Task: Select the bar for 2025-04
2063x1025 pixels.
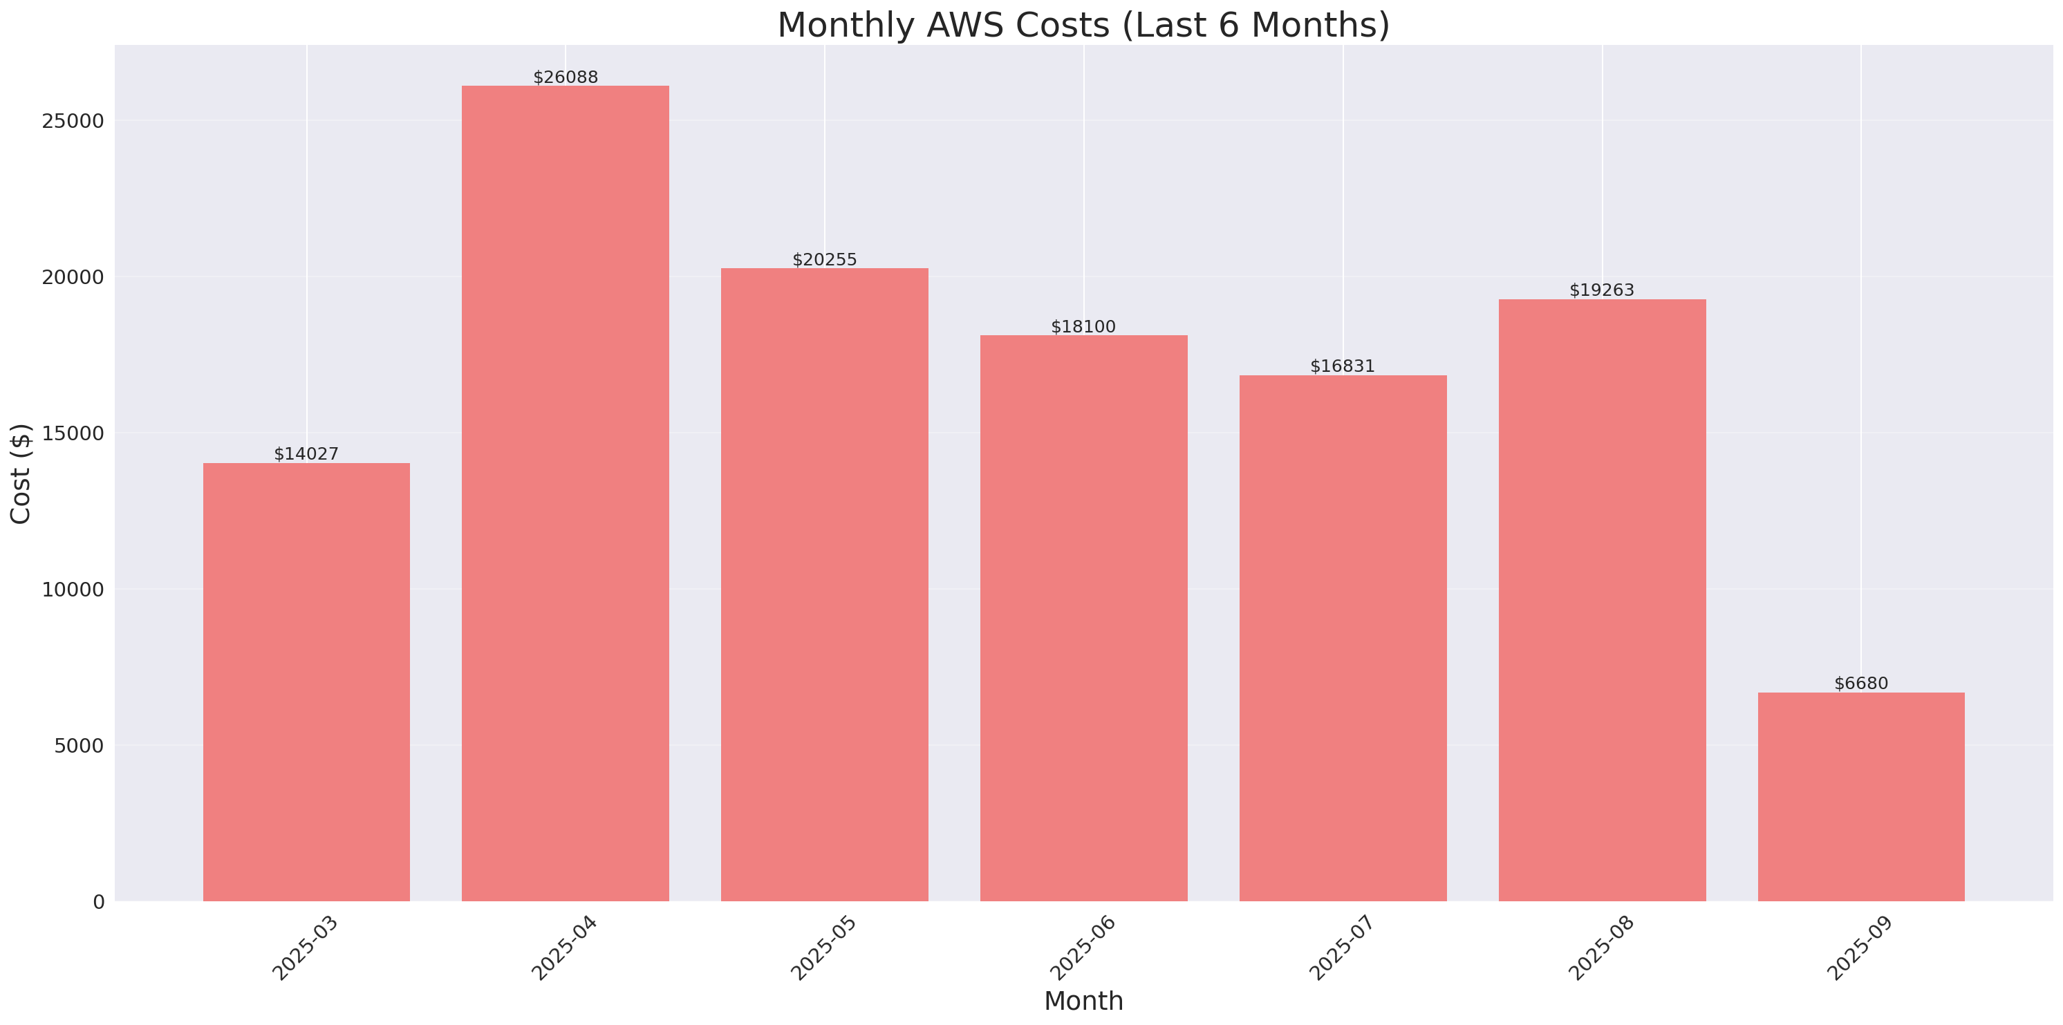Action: pos(566,493)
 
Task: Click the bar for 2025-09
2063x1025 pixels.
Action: pos(1860,796)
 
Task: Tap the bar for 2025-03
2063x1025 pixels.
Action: pos(306,681)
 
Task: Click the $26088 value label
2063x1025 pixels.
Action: pos(566,77)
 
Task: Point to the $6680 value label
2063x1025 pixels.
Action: pos(1860,684)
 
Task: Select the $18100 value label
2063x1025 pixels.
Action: pos(1083,327)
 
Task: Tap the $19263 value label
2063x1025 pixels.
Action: pos(1601,290)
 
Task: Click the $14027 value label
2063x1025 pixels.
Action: pos(306,454)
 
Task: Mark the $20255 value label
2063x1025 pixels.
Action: pos(824,259)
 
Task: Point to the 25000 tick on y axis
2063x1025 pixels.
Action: pos(74,121)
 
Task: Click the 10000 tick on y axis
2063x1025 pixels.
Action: pos(74,590)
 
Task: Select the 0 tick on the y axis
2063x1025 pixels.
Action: pos(98,903)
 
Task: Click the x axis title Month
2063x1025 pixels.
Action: pos(1083,1001)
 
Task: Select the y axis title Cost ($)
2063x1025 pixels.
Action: pos(21,473)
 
